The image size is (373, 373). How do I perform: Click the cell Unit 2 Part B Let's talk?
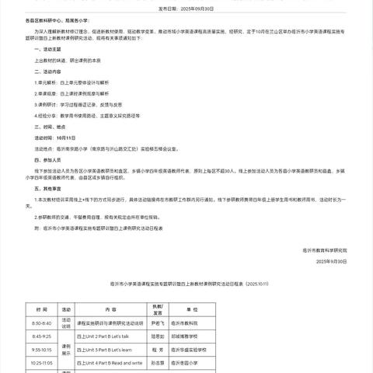click(x=113, y=336)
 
